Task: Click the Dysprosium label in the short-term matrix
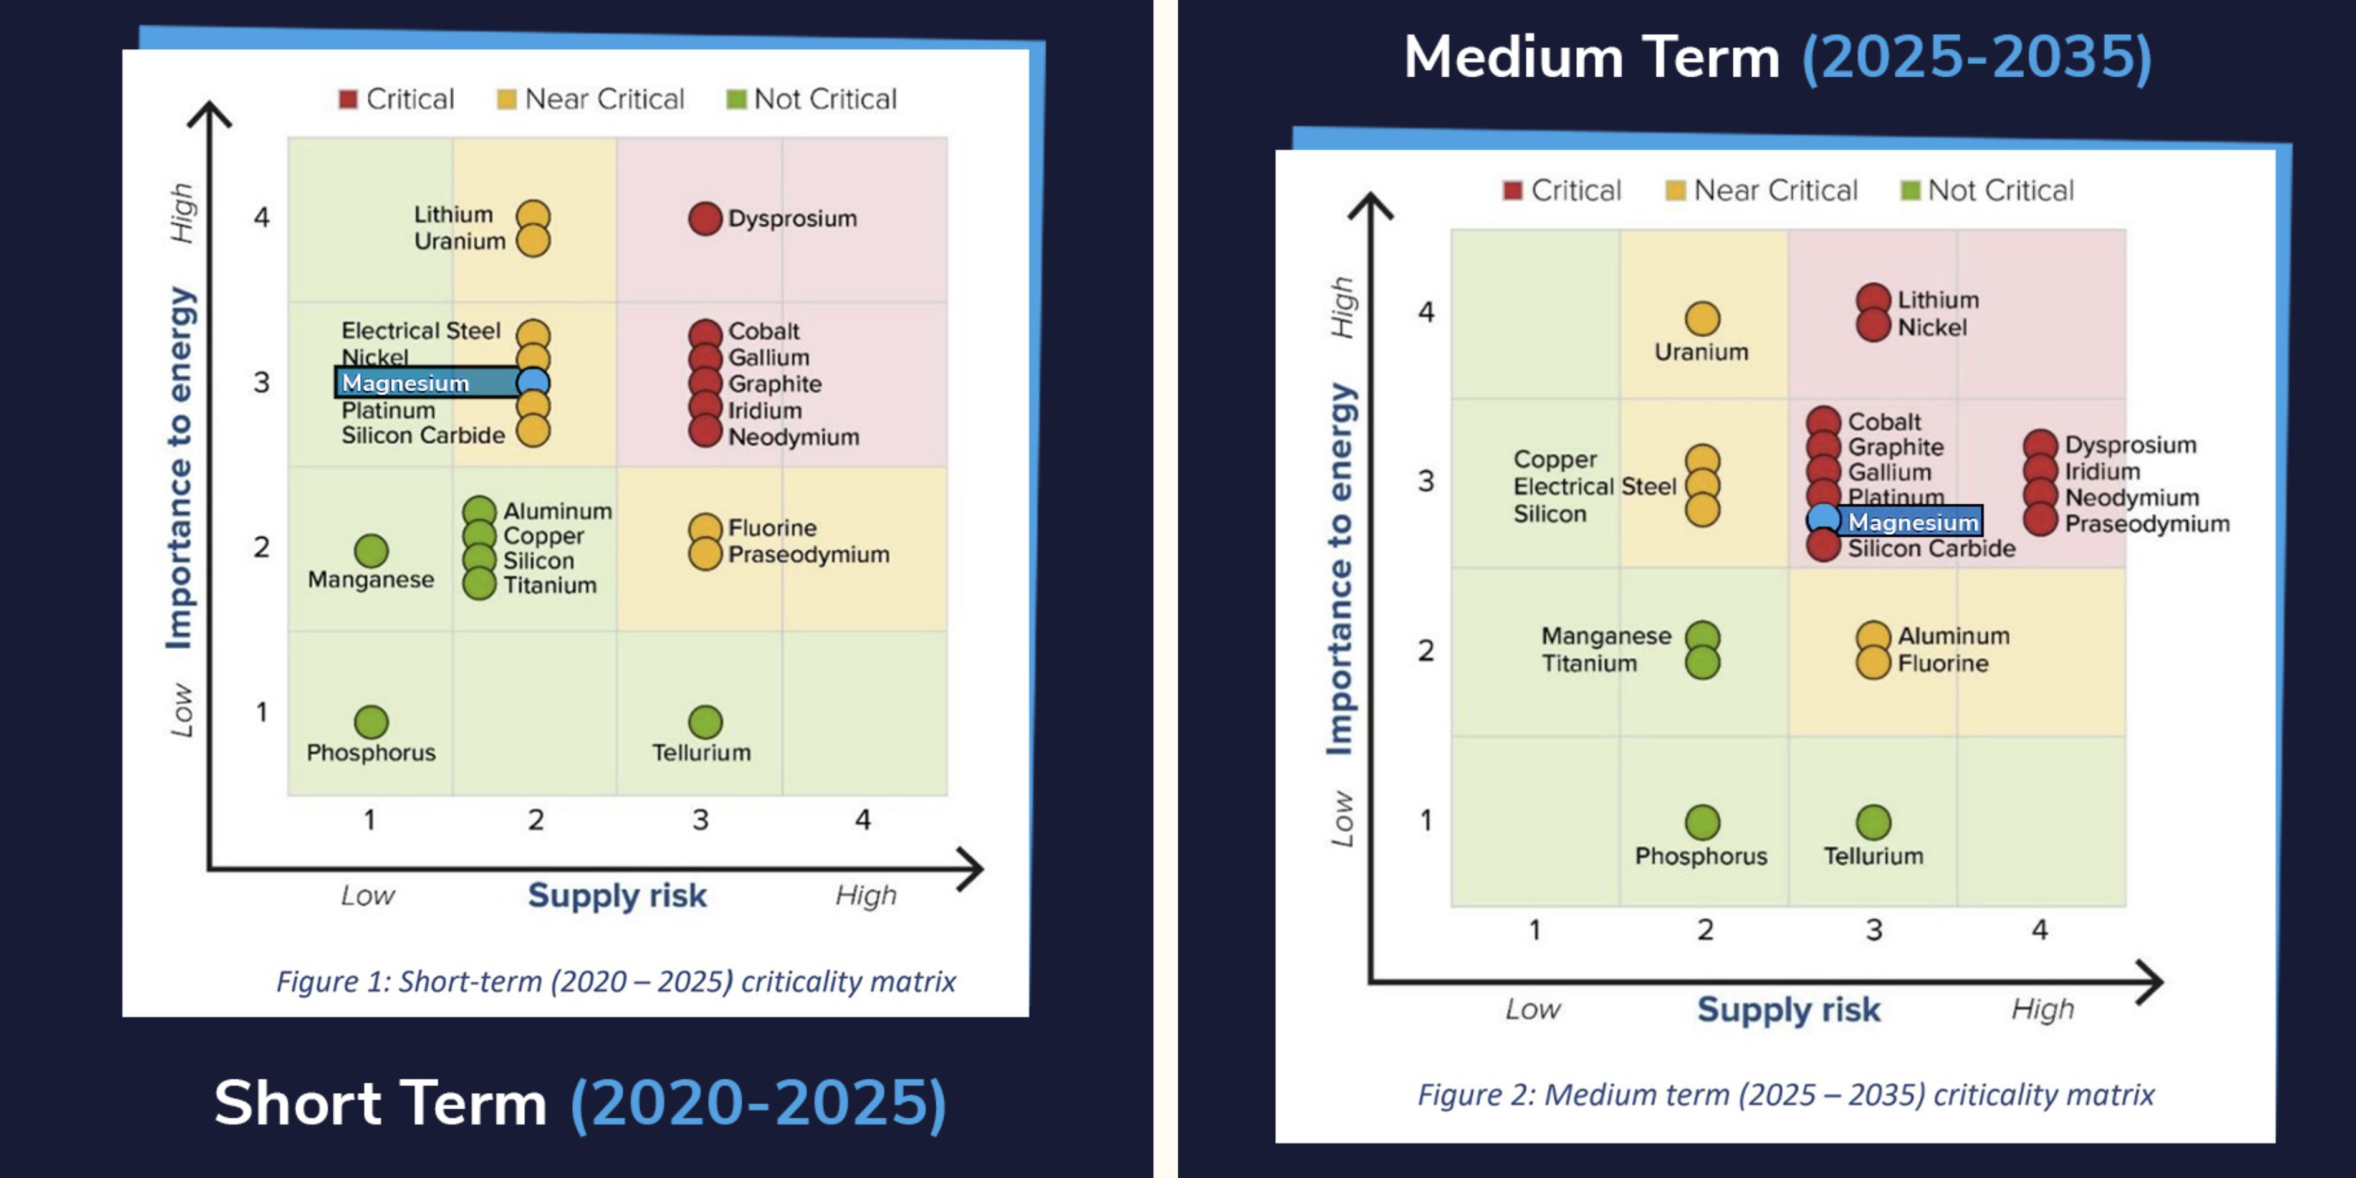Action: [x=792, y=219]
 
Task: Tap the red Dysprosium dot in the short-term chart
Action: [x=705, y=219]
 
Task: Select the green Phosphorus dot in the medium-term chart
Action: [x=1702, y=822]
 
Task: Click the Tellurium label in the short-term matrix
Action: [x=701, y=753]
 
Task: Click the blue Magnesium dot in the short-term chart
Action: [x=533, y=382]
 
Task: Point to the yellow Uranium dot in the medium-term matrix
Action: [x=1702, y=319]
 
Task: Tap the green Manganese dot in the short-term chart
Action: [x=371, y=550]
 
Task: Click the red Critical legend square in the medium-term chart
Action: [x=1513, y=190]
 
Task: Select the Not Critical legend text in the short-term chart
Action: [x=826, y=98]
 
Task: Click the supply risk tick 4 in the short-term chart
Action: [x=863, y=820]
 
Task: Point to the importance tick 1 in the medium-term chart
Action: [x=1426, y=820]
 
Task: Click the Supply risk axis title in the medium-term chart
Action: [x=1789, y=1009]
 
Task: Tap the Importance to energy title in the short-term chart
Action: [x=180, y=468]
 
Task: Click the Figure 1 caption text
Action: [x=616, y=982]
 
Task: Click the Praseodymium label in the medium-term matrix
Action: [x=2147, y=524]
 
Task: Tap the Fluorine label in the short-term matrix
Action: [x=772, y=528]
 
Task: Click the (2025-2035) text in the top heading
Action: [x=1976, y=57]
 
